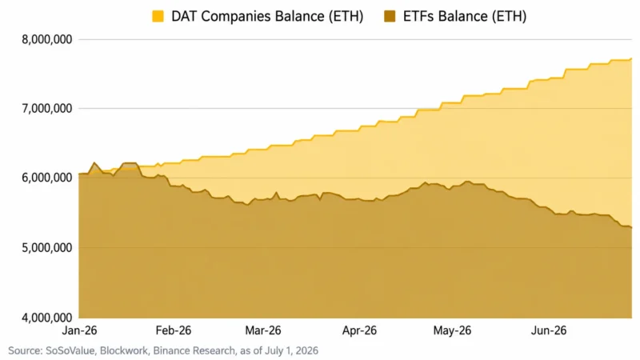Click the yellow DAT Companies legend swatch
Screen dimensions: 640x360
click(158, 16)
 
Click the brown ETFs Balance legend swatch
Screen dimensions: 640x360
click(390, 16)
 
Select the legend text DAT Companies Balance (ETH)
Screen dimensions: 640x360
click(267, 16)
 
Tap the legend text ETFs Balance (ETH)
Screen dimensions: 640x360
click(465, 16)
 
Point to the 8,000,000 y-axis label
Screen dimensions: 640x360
click(47, 39)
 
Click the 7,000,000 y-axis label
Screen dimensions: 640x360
click(47, 109)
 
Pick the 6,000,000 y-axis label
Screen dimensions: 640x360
click(47, 178)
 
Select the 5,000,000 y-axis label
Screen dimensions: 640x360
click(47, 248)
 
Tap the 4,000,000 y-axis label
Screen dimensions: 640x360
click(47, 317)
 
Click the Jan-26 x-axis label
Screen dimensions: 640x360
click(79, 330)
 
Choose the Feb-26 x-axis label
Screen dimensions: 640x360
click(174, 330)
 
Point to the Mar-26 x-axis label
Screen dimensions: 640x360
click(263, 330)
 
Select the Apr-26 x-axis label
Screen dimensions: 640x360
click(359, 330)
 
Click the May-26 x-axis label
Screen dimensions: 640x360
click(452, 330)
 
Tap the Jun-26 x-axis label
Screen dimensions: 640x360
click(549, 330)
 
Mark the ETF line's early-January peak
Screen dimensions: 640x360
click(94, 162)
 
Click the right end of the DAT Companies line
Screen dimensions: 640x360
click(631, 58)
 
